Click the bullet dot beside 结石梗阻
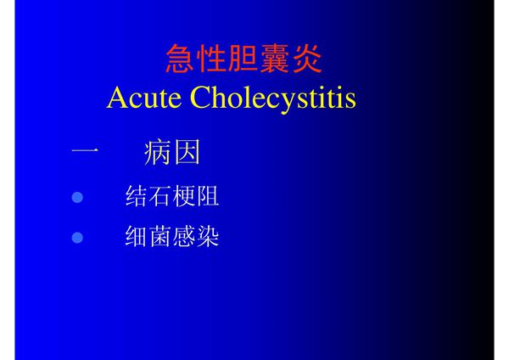click(78, 198)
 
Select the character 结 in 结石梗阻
click(137, 197)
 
